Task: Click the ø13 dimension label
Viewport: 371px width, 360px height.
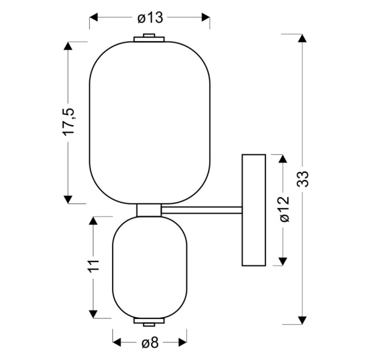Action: pyautogui.click(x=151, y=18)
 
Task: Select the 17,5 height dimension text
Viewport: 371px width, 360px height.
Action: pyautogui.click(x=69, y=122)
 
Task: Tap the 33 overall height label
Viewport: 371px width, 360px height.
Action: pyautogui.click(x=303, y=179)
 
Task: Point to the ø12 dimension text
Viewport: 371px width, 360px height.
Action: pyautogui.click(x=285, y=209)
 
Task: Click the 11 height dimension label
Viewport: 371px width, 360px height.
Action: pyautogui.click(x=94, y=266)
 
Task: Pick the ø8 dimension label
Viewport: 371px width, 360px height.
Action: pyautogui.click(x=150, y=342)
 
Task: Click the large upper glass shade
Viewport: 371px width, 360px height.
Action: pyautogui.click(x=150, y=123)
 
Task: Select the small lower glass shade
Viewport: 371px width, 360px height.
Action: pyautogui.click(x=150, y=267)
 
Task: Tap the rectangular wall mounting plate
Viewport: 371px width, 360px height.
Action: pyautogui.click(x=254, y=210)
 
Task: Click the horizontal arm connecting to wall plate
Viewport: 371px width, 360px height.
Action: pyautogui.click(x=202, y=210)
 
